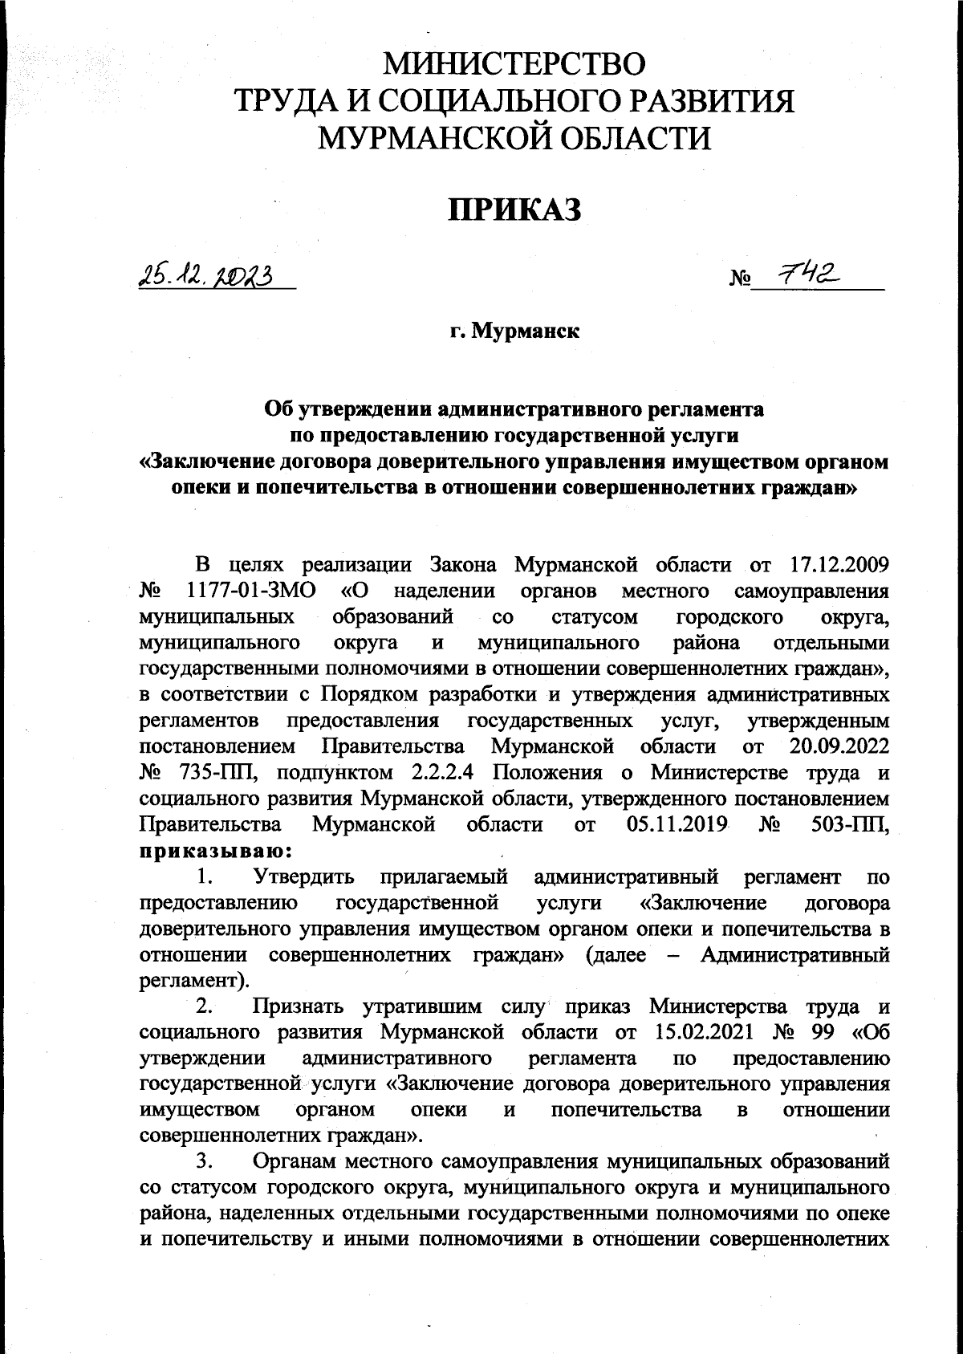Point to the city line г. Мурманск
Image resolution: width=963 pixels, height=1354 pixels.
pos(514,331)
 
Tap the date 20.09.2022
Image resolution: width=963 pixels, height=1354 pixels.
pos(835,746)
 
